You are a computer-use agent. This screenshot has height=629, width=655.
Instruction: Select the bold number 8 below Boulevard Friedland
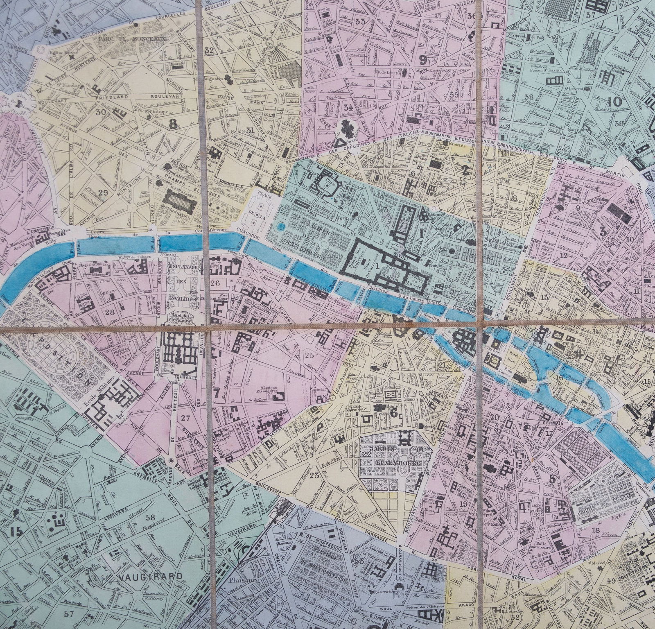[174, 122]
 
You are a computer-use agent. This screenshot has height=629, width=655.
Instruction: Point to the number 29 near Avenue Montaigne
[103, 192]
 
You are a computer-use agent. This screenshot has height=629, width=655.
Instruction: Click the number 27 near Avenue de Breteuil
[185, 419]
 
